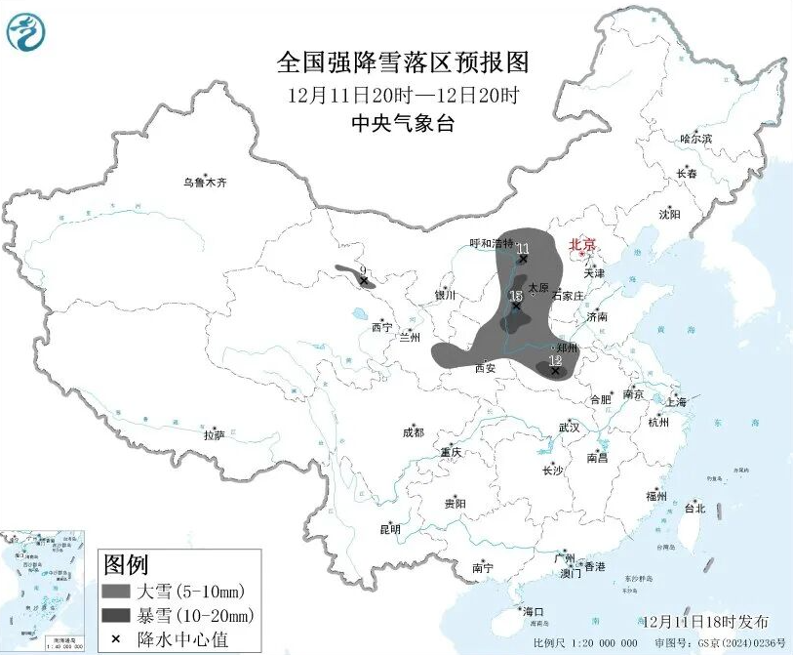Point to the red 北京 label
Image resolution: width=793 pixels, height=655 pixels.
[x=582, y=244]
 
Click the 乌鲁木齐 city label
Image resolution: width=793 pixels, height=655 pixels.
[x=205, y=182]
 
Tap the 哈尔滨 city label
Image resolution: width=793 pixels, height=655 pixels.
[x=695, y=140]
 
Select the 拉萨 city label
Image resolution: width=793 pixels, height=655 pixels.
[x=215, y=434]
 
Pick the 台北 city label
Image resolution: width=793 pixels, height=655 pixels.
[x=694, y=509]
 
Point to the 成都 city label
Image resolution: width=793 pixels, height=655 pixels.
[x=413, y=432]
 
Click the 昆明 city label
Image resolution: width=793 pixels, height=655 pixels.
[x=390, y=529]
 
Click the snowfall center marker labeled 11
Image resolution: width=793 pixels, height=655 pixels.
[x=524, y=259]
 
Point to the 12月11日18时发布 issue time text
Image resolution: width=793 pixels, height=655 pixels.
[x=706, y=622]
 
